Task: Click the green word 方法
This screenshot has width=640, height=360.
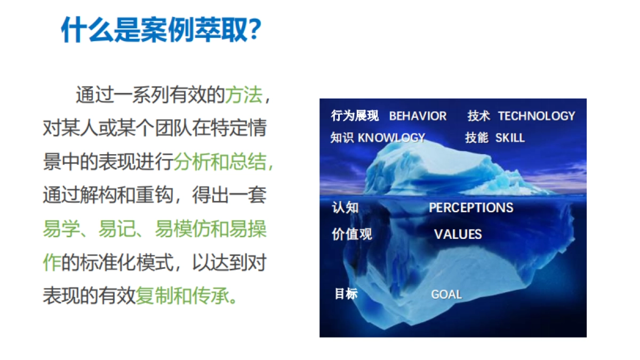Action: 243,97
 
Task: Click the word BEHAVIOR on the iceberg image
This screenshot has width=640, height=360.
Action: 418,116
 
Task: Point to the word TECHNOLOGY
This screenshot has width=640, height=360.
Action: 536,116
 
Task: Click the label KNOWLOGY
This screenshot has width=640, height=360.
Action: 391,138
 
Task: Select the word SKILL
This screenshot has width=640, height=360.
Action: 510,138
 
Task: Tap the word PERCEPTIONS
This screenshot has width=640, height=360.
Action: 471,208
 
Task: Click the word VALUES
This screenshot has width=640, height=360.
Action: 458,235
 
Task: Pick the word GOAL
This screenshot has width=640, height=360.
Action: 446,294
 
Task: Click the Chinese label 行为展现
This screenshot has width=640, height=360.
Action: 355,116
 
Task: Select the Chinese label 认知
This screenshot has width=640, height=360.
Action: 345,208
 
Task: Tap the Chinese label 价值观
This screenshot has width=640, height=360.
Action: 351,235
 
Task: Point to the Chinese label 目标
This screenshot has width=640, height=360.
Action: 346,294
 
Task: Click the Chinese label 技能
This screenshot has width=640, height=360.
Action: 476,138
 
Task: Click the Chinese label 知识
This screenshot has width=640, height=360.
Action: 342,138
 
